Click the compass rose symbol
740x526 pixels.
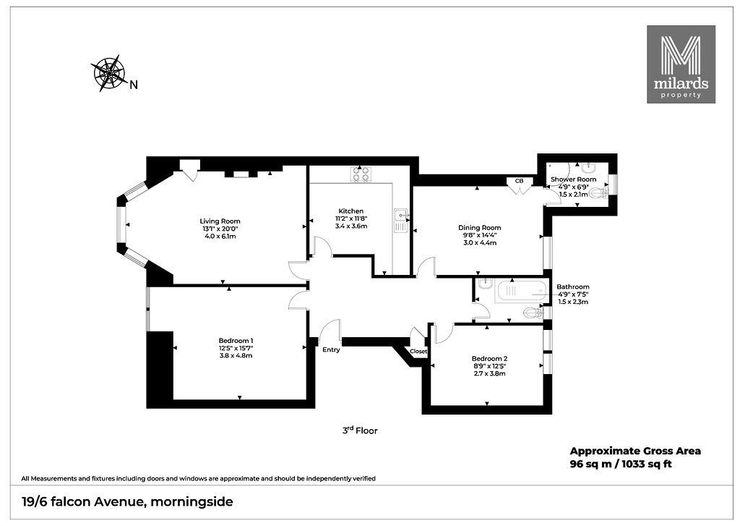click(108, 73)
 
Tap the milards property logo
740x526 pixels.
click(681, 64)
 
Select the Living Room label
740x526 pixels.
click(220, 221)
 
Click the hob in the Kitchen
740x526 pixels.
click(361, 174)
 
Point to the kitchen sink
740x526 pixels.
click(400, 221)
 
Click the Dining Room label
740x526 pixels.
click(480, 228)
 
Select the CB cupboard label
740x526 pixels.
click(519, 181)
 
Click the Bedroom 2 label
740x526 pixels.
click(489, 359)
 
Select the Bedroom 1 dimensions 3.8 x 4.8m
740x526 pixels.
click(236, 355)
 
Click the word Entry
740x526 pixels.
click(331, 349)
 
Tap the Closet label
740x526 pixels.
click(418, 352)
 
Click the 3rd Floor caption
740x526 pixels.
click(360, 430)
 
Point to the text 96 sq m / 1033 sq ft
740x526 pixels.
click(621, 464)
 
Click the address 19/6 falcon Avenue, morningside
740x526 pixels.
click(127, 501)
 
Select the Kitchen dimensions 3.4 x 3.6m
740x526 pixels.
click(351, 226)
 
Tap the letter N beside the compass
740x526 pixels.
click(134, 85)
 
